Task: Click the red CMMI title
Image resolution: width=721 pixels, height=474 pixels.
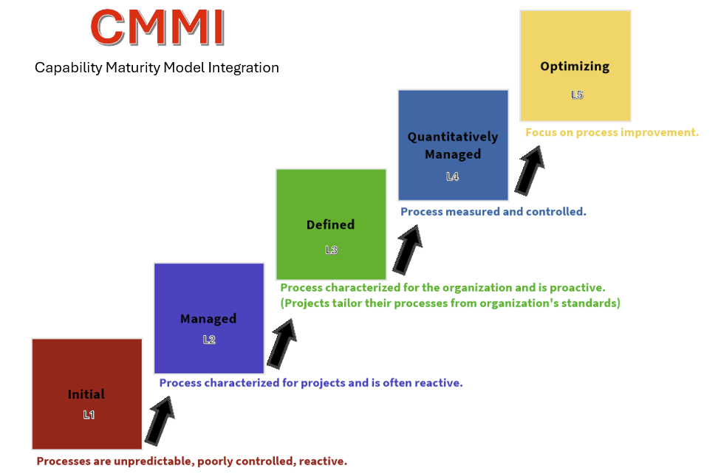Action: point(157,27)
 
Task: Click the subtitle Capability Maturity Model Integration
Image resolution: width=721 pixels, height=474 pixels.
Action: point(157,68)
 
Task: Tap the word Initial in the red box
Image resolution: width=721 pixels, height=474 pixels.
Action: point(86,394)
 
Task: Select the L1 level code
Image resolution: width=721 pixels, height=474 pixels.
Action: point(89,415)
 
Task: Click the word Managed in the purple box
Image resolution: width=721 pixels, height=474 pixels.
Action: point(208,319)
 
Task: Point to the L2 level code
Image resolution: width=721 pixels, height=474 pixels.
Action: point(209,340)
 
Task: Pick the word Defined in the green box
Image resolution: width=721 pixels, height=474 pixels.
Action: point(331,224)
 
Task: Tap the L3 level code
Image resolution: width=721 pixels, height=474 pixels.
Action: point(332,250)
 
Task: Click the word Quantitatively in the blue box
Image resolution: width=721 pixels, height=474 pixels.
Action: point(453,137)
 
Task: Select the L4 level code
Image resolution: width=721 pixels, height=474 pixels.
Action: point(452,176)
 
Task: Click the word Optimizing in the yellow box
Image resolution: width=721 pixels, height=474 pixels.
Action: point(575,66)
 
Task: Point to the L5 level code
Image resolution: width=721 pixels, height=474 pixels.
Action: point(577,95)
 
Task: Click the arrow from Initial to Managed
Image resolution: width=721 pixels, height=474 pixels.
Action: point(160,421)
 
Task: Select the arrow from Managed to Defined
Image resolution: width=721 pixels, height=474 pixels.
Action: point(281,344)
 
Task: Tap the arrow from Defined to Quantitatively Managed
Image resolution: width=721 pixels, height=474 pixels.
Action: point(407,250)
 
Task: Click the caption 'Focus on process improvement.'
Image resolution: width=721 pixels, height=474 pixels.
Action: point(612,132)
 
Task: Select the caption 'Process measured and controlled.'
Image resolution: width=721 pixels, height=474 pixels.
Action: point(493,211)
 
